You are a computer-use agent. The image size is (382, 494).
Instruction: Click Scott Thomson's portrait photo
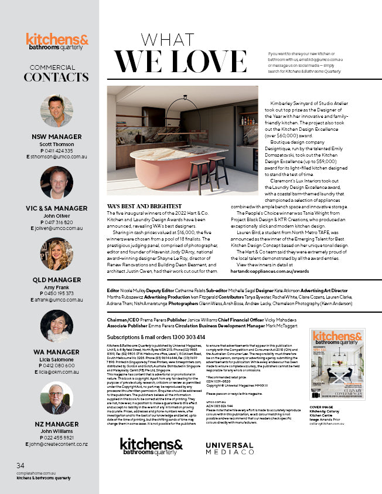(x=56, y=111)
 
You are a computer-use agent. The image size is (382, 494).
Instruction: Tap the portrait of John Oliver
(x=56, y=183)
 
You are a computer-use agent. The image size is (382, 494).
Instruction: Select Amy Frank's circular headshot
(x=56, y=254)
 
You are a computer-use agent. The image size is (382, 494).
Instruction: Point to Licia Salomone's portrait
(x=56, y=326)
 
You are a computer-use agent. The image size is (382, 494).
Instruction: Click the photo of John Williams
(x=56, y=400)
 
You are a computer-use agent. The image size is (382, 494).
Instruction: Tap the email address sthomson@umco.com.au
(x=58, y=157)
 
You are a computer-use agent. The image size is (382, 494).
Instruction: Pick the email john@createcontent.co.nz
(x=58, y=444)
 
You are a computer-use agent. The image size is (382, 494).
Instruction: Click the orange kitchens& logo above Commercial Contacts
(x=57, y=40)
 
